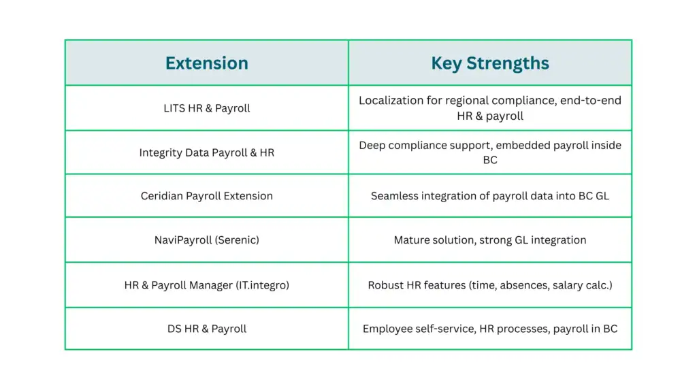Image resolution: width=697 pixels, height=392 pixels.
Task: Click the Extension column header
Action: [207, 63]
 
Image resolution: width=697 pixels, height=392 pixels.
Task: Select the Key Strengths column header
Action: [490, 63]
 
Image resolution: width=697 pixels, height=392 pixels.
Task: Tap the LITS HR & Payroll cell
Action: [207, 108]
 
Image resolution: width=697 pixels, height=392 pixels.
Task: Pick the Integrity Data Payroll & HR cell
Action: [207, 152]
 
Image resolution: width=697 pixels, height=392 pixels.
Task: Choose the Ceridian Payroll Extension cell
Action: [207, 196]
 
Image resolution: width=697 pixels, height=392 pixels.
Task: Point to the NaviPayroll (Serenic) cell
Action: [207, 240]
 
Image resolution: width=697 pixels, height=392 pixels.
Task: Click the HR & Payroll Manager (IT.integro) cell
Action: [207, 285]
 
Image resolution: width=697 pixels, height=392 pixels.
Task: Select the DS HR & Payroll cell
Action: [207, 329]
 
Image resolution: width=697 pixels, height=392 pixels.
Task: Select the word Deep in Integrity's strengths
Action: [372, 145]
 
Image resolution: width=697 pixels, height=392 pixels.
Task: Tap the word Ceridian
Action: [162, 196]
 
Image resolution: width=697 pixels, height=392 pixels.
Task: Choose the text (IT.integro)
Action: [261, 285]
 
